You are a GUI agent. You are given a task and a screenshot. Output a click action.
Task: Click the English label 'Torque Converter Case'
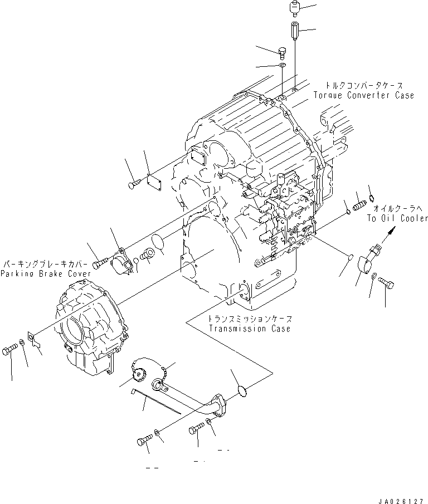(366, 95)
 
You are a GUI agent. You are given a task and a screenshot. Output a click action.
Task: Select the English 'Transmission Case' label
(249, 329)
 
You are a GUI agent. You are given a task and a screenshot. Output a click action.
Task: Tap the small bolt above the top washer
(282, 53)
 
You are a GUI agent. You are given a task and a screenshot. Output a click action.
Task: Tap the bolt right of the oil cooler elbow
(387, 284)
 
